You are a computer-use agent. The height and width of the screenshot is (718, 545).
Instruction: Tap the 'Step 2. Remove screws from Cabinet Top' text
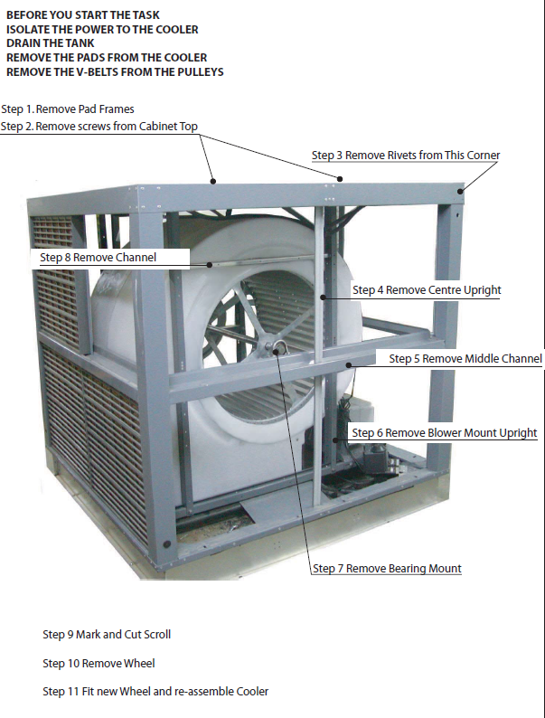(99, 127)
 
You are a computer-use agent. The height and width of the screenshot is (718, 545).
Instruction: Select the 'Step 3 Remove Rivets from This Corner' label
(406, 156)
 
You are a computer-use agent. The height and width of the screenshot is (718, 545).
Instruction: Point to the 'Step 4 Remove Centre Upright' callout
(427, 290)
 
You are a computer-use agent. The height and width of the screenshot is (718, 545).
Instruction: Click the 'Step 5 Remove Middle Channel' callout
(465, 359)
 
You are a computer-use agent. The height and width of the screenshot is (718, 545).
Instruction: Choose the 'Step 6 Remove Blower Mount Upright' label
(445, 433)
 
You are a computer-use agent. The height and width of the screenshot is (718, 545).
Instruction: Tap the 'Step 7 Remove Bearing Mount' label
(388, 569)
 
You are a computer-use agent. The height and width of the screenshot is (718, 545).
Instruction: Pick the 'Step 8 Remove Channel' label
(99, 258)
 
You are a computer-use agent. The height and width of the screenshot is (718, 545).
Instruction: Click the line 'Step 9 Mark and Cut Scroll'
(107, 634)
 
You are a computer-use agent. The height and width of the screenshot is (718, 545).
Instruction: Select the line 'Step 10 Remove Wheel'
(99, 663)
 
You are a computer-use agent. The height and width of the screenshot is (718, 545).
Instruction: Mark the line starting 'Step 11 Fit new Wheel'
(155, 692)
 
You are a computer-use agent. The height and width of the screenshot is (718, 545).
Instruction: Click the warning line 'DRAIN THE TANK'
(51, 43)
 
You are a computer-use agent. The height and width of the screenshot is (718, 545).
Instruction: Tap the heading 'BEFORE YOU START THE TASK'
(84, 14)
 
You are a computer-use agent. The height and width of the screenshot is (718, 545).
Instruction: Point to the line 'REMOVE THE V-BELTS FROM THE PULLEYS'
(115, 71)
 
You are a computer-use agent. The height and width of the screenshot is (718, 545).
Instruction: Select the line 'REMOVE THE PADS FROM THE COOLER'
(107, 57)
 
